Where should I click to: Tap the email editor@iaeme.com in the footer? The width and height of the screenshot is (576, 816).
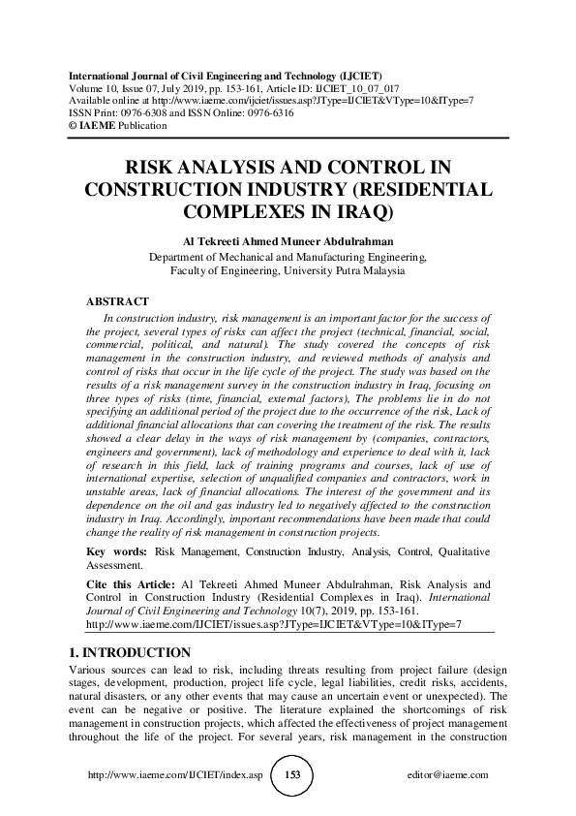coord(449,775)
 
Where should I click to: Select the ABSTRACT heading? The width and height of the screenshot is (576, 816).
coord(117,301)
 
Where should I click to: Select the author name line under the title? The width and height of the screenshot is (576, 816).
coord(288,241)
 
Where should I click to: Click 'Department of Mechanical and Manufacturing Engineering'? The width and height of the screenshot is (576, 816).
coord(288,257)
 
